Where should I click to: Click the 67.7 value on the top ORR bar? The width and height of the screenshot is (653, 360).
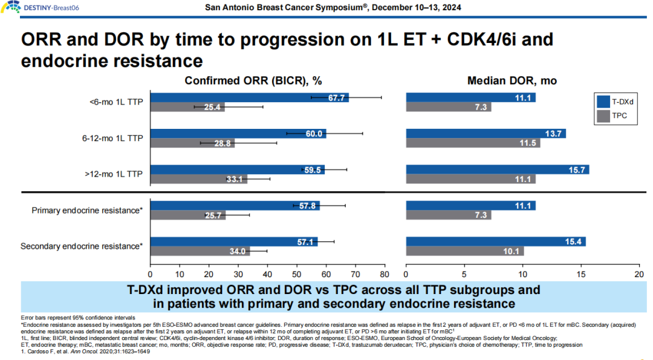point(337,97)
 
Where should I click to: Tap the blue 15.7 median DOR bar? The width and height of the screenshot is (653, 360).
point(497,169)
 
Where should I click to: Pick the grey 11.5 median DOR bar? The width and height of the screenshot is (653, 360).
point(473,143)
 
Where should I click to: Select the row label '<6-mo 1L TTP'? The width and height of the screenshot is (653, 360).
point(115,102)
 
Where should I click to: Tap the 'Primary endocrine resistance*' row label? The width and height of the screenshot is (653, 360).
point(87,211)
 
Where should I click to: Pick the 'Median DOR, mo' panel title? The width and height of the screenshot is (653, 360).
point(512,80)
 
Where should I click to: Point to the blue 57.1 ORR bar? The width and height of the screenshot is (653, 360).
point(233,242)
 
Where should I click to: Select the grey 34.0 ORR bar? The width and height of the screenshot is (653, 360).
point(200,252)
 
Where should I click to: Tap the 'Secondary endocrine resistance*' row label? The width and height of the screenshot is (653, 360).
point(82,246)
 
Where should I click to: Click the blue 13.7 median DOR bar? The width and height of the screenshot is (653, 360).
point(486,134)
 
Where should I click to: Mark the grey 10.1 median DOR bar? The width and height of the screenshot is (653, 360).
point(464,252)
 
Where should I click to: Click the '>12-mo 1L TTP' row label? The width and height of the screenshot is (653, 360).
point(113,174)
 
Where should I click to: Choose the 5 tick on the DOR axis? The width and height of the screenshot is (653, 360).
point(464,274)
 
